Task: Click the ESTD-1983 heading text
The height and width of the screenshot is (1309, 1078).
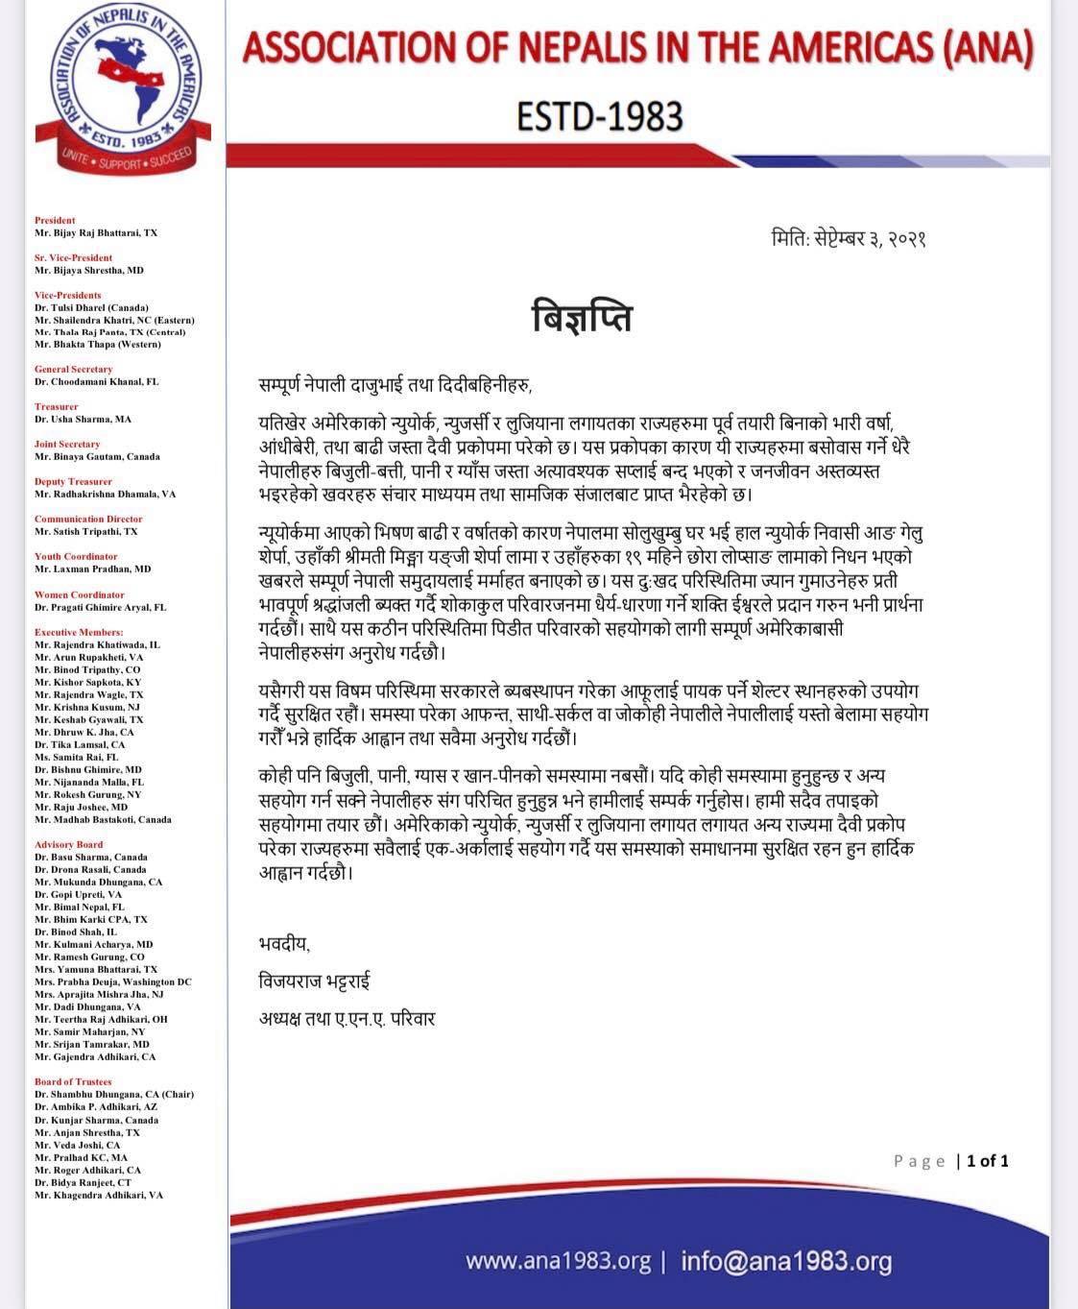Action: pos(599,116)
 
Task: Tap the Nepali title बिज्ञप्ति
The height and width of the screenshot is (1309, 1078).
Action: pos(582,316)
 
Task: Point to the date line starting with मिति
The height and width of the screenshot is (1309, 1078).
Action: pos(848,238)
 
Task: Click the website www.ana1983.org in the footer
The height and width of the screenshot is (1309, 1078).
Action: pos(558,1260)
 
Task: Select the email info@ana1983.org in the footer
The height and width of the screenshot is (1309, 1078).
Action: pos(786,1260)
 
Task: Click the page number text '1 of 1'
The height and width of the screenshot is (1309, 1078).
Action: pos(987,1161)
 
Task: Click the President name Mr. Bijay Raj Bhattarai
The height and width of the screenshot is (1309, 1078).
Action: pos(96,233)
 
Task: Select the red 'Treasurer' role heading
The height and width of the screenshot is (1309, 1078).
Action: pos(57,407)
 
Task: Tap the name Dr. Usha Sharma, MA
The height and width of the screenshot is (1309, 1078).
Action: pos(84,420)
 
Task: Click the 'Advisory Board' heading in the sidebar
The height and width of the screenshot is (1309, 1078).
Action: pos(69,845)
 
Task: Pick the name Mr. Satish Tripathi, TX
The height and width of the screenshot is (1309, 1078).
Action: pos(86,531)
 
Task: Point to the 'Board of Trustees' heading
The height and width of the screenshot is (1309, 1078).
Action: pos(73,1081)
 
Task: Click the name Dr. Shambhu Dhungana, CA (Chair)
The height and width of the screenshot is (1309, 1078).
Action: pos(114,1094)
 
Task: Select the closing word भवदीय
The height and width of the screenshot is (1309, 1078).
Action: pos(284,944)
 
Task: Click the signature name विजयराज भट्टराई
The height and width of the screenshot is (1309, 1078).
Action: pos(314,982)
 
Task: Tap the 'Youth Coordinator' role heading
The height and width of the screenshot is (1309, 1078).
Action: pos(76,557)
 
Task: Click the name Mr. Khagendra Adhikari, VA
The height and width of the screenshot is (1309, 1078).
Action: pos(99,1195)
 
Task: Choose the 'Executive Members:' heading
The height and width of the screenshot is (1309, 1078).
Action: pos(79,632)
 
